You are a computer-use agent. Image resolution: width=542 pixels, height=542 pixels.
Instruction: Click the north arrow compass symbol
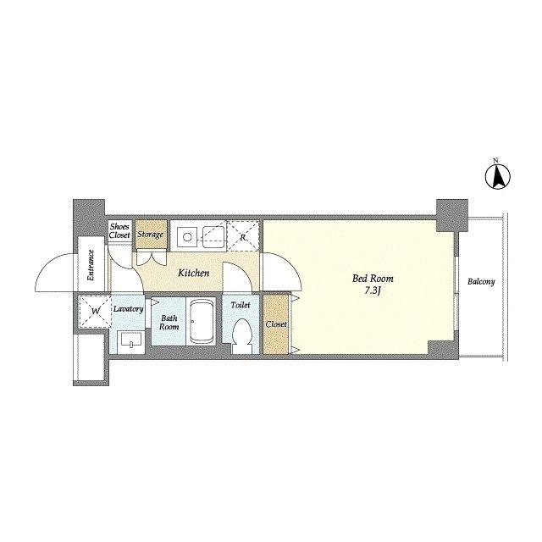(498, 177)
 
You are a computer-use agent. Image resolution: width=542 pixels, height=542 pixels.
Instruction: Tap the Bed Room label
(373, 279)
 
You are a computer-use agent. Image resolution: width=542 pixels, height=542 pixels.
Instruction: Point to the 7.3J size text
(373, 290)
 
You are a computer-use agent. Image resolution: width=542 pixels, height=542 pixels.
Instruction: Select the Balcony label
(481, 282)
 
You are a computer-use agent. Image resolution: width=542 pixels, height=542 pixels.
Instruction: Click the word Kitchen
(194, 273)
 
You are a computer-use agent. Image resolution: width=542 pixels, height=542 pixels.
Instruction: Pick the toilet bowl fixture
(241, 335)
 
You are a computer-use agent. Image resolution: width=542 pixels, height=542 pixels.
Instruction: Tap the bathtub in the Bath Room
(201, 322)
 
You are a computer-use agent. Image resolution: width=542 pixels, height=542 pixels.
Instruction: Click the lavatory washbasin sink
(130, 342)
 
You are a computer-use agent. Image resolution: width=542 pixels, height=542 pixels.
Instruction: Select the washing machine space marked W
(95, 311)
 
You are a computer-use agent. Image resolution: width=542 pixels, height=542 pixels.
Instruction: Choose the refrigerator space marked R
(243, 235)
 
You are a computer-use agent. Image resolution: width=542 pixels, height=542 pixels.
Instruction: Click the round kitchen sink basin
(187, 237)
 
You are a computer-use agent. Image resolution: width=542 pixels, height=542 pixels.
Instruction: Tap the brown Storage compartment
(151, 235)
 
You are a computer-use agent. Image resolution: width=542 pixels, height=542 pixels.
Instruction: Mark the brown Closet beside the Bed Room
(275, 324)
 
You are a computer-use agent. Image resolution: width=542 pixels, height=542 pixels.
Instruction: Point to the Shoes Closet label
(119, 230)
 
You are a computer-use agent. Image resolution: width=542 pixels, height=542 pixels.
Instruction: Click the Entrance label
(91, 265)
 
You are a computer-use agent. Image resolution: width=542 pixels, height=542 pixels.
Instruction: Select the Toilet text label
(241, 305)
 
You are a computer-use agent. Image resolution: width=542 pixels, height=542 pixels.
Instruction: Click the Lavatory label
(128, 309)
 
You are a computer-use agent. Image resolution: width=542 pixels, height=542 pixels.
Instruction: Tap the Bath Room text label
(169, 322)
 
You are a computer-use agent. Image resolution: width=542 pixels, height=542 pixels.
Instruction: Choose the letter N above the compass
(495, 160)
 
